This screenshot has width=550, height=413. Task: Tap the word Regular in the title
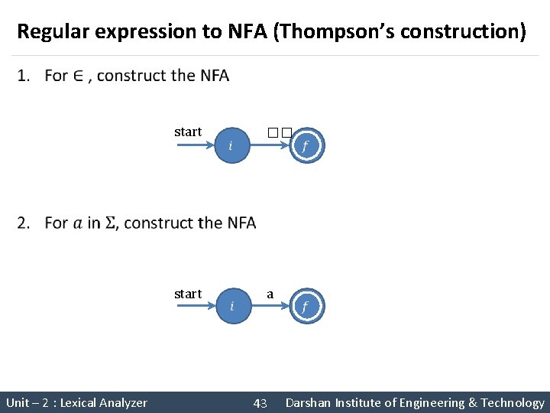pos(52,32)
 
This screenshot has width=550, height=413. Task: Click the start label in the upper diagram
pos(188,132)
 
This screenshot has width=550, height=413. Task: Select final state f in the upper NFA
pos(306,145)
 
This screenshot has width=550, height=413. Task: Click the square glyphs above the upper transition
pos(280,132)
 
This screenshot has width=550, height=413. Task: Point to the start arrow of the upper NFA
pos(194,145)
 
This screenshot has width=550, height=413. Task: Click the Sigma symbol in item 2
pos(110,223)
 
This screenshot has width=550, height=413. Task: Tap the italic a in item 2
pos(79,223)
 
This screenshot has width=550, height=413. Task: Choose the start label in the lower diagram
pos(188,294)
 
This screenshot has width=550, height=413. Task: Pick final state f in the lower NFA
pos(306,307)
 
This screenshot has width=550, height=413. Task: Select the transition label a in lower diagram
pos(270,294)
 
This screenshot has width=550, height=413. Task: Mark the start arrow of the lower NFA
pos(194,307)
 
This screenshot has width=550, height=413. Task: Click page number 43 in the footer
pos(260,403)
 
